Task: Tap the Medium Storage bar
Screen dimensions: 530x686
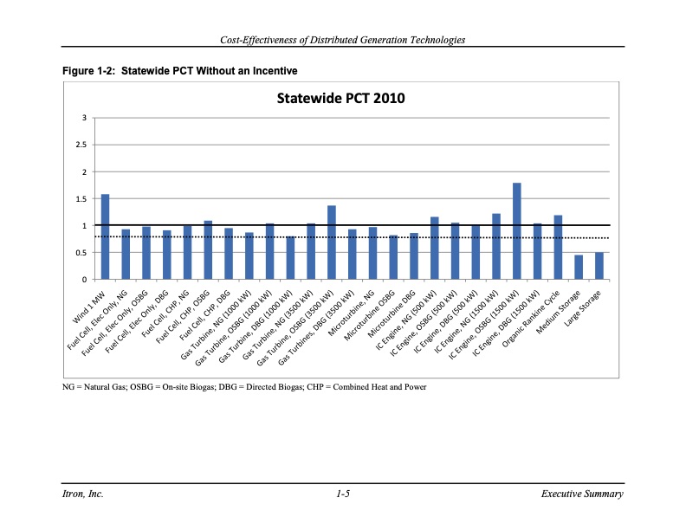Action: coord(579,268)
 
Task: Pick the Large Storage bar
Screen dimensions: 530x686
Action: coord(599,266)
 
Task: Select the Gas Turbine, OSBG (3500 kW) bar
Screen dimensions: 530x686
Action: coord(332,242)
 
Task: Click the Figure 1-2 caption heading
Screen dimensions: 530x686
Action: coord(180,69)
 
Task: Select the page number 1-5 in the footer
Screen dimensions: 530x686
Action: coord(343,494)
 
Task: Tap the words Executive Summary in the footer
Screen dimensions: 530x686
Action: coord(580,494)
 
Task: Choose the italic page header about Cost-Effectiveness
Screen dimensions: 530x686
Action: coord(343,40)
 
